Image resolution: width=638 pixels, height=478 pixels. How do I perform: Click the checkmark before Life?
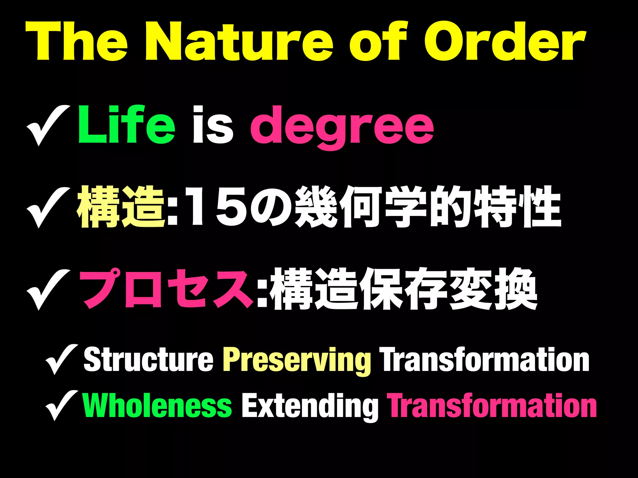47,125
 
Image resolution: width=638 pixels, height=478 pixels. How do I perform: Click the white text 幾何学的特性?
427,207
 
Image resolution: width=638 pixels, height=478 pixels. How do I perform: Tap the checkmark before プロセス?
47,289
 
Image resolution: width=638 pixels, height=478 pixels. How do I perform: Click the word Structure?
148,360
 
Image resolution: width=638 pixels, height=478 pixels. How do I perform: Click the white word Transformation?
485,360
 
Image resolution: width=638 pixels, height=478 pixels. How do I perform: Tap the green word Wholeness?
157,405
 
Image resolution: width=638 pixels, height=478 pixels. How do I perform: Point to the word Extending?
310,406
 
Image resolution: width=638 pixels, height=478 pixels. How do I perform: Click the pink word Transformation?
492,405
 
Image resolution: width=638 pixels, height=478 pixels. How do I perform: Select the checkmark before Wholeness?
61,405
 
